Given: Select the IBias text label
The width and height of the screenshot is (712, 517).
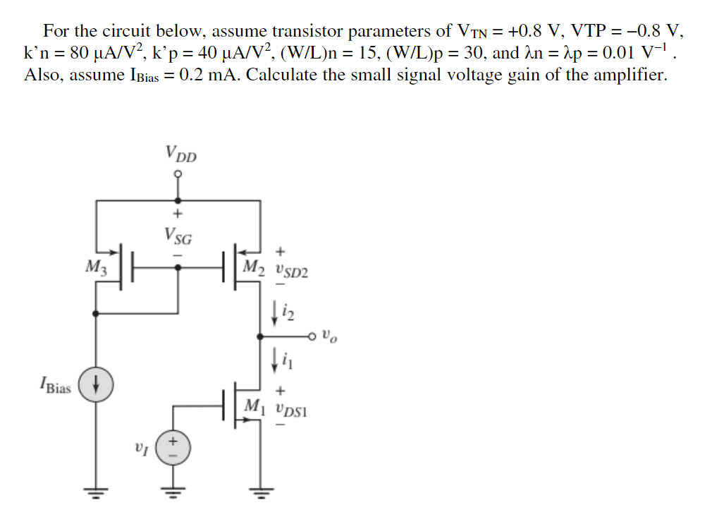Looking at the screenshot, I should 54,387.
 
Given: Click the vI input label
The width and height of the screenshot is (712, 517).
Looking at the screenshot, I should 140,447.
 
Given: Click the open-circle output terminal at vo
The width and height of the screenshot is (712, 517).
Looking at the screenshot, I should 313,335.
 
